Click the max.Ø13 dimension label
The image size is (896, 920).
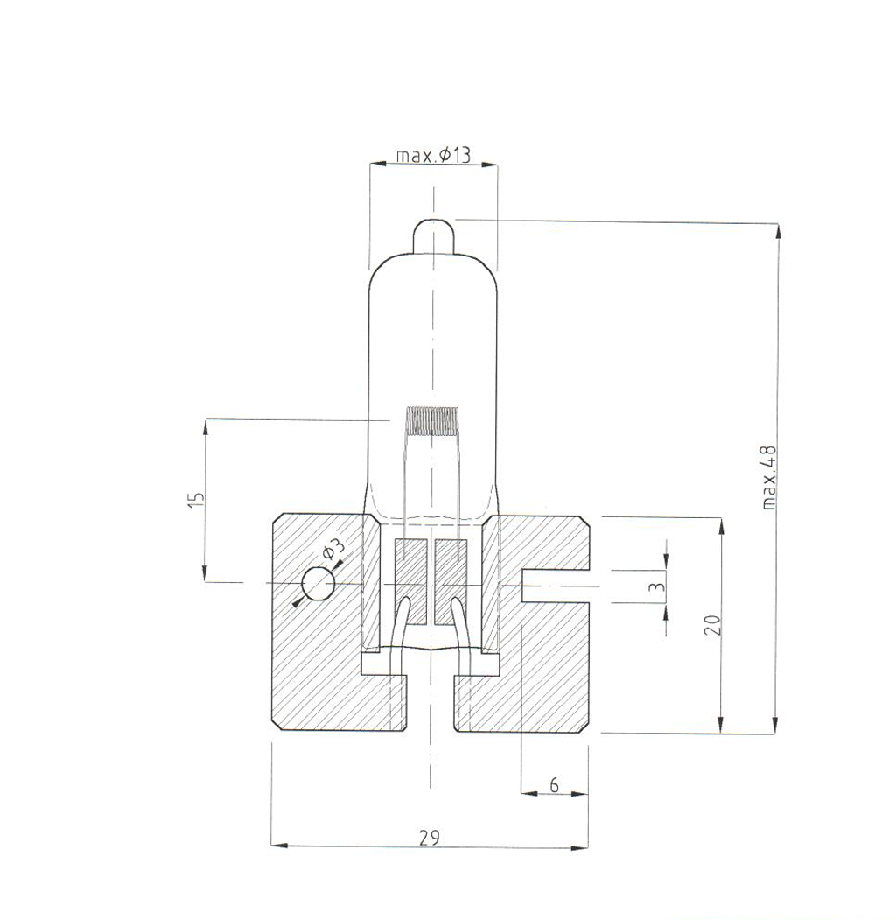433,155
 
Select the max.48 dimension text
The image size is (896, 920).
769,477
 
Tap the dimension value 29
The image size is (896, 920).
429,838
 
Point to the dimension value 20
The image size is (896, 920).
712,624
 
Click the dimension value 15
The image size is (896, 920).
197,498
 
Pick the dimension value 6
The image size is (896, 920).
554,785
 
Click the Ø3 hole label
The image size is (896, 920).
333,552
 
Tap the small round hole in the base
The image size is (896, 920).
318,585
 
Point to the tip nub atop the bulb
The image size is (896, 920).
432,235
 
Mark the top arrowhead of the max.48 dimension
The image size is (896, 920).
775,231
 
